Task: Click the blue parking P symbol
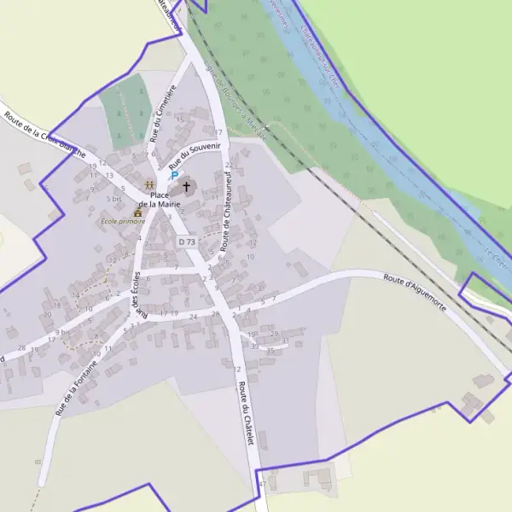click(x=175, y=175)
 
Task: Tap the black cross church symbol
click(x=187, y=186)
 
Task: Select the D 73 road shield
click(x=188, y=242)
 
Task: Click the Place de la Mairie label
click(x=160, y=200)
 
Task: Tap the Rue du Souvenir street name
click(x=195, y=154)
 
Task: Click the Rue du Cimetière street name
click(x=162, y=113)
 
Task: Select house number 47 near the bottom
click(x=262, y=484)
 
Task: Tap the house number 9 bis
click(x=61, y=331)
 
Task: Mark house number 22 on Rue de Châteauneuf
click(x=228, y=166)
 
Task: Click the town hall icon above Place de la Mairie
click(x=149, y=185)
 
